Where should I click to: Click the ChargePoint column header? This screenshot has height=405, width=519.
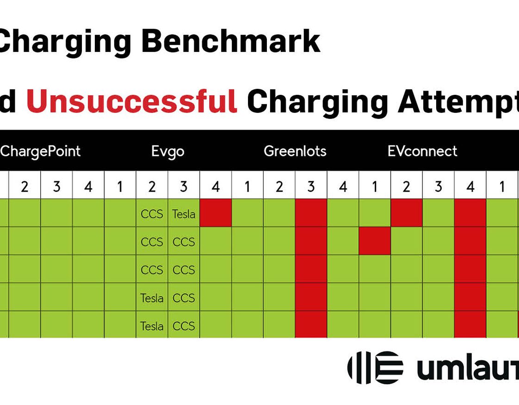tap(40, 152)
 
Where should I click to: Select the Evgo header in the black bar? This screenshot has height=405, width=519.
tap(168, 152)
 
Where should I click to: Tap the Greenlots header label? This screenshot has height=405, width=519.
tap(295, 151)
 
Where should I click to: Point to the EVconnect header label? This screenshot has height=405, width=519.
tap(422, 151)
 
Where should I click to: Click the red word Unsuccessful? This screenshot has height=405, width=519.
tap(132, 101)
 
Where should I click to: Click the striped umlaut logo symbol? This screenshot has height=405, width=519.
tap(375, 368)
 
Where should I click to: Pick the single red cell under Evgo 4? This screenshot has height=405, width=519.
tap(216, 213)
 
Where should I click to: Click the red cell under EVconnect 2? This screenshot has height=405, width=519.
tap(407, 213)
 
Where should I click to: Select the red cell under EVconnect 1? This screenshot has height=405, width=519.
tap(375, 241)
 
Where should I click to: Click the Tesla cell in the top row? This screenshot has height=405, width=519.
tap(184, 214)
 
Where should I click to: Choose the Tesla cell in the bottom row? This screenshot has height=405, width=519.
tap(152, 326)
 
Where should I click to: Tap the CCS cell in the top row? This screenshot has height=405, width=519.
tap(152, 214)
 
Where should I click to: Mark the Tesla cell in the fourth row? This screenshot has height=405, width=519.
tap(152, 298)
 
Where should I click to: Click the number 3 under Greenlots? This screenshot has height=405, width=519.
tap(311, 187)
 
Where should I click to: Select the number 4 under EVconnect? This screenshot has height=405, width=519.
tap(470, 187)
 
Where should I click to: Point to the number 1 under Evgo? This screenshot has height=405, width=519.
tap(120, 187)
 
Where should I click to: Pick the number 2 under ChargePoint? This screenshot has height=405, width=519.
tap(25, 187)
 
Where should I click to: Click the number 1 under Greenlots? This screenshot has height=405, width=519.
tap(247, 187)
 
